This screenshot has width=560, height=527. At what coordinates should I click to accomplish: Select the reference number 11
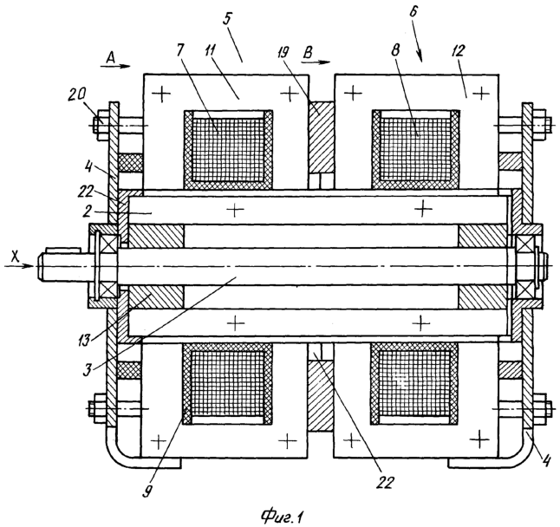[x=210, y=51]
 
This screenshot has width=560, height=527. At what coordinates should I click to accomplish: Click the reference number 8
[x=395, y=51]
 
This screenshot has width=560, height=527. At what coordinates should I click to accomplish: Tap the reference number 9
[x=147, y=491]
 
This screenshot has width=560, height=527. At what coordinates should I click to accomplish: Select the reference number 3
[x=88, y=369]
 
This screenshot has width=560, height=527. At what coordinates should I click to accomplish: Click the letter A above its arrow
[x=111, y=57]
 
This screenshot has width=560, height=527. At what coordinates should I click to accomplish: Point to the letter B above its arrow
[x=307, y=53]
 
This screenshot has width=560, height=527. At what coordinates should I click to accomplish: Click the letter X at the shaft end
[x=15, y=257]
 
